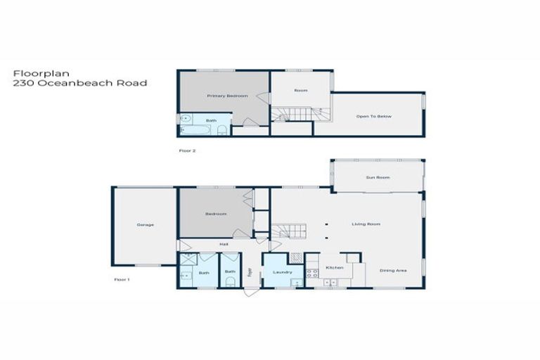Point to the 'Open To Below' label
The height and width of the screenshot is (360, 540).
pos(373,116)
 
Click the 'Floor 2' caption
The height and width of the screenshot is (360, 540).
pos(186,150)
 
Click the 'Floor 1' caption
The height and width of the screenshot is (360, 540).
pos(122,279)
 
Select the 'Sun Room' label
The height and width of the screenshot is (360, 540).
pos(378,177)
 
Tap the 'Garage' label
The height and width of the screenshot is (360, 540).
pos(146,225)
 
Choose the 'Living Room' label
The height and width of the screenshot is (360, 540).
pos(366,224)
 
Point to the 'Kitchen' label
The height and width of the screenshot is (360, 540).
pos(334,268)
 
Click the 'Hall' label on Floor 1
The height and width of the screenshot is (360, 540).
pos(224,244)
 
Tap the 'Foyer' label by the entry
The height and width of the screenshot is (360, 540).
pos(250,272)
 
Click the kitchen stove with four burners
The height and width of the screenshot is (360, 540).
pos(312,272)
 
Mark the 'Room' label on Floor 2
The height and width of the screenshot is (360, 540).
pos(301,90)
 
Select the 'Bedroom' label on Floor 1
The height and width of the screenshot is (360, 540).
pos(215,214)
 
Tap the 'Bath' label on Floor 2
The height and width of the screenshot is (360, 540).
pos(211,120)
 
